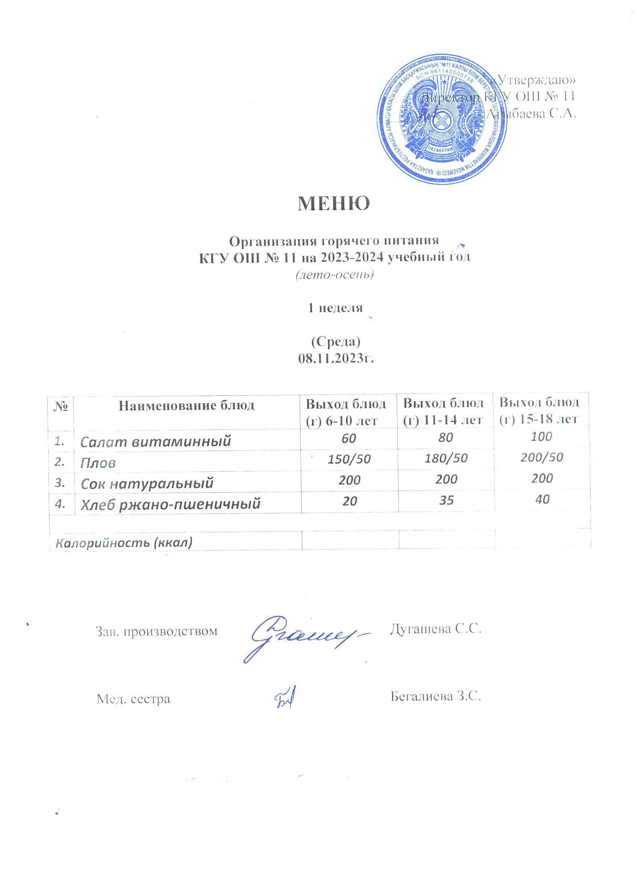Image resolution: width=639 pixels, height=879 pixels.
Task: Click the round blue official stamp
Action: tap(441, 124)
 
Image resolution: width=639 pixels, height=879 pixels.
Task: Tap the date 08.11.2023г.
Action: tap(336, 359)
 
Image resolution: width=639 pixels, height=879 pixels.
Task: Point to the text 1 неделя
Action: tap(335, 308)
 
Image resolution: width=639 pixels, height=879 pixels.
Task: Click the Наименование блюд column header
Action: tap(186, 406)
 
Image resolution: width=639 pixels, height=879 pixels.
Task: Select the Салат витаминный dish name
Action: tap(155, 441)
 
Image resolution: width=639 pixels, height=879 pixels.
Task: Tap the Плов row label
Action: tap(98, 463)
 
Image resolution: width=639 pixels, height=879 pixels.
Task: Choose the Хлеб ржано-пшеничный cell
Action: tap(170, 504)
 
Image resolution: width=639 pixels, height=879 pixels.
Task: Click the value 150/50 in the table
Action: tap(349, 460)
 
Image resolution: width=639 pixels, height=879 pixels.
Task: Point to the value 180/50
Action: tap(447, 459)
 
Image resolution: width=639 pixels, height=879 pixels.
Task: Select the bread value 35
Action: tap(447, 500)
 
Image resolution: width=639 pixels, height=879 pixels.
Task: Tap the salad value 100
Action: tap(541, 437)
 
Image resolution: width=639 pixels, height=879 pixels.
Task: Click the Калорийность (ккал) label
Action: tap(124, 543)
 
